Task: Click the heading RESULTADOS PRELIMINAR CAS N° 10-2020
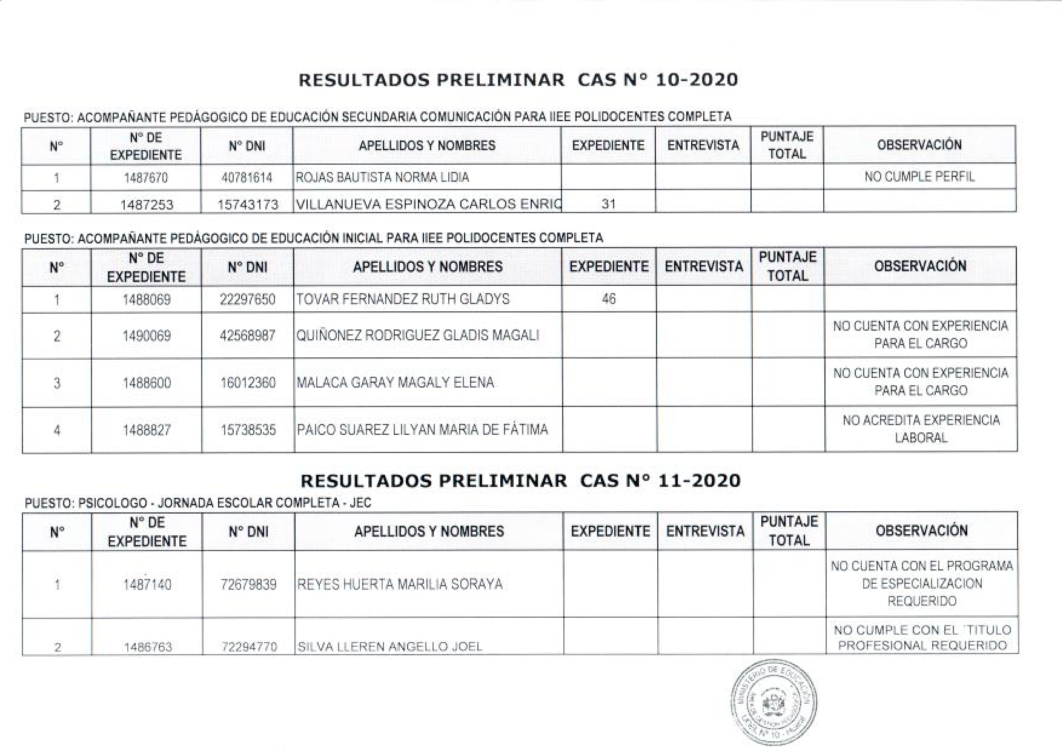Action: (x=518, y=80)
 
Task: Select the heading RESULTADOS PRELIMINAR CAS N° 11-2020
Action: (x=520, y=481)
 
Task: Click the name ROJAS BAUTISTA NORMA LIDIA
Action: (x=382, y=177)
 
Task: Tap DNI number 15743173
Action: (x=248, y=205)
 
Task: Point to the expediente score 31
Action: (x=608, y=205)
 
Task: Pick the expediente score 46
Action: (x=609, y=299)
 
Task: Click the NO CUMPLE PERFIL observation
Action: (x=919, y=177)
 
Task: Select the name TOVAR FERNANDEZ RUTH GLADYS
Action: (x=403, y=299)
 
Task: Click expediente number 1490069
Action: (x=147, y=336)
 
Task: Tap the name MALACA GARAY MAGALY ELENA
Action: (x=395, y=383)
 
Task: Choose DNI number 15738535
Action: (x=248, y=430)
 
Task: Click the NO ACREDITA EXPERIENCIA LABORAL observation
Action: (x=921, y=429)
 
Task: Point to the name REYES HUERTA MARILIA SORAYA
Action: (x=400, y=584)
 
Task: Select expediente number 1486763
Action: (x=148, y=647)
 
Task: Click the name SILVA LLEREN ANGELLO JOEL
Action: (x=390, y=647)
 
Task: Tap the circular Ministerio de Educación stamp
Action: (x=773, y=704)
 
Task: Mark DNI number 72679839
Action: (x=248, y=584)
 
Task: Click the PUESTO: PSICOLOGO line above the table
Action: (x=198, y=503)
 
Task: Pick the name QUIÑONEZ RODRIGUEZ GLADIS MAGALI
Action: (x=417, y=336)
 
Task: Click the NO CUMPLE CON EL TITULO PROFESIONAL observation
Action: (x=922, y=638)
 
